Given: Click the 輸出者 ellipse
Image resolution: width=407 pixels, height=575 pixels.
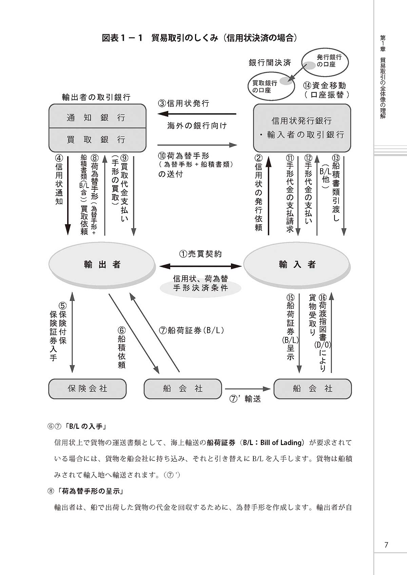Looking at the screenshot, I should (102, 265).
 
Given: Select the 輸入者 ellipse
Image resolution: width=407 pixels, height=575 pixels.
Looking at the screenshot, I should (297, 265).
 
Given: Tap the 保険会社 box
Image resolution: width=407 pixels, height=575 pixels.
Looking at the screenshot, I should (88, 389).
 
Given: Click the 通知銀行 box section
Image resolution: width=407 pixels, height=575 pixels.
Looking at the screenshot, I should (97, 117).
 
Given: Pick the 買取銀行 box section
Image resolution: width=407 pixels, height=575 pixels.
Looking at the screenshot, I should (97, 140).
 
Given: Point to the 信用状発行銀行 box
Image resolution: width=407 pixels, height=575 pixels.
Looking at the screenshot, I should (302, 128).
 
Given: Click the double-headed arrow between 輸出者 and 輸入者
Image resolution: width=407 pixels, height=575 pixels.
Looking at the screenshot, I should (200, 266).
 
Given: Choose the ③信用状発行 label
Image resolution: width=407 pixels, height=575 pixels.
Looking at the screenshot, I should (183, 103).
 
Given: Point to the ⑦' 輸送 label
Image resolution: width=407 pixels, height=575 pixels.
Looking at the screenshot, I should (246, 399).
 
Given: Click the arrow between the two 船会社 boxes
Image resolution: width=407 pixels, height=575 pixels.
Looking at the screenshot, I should (248, 389).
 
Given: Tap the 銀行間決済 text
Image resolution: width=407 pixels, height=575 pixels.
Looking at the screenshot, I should (270, 63).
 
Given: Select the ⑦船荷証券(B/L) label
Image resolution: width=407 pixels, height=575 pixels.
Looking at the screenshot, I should (192, 330).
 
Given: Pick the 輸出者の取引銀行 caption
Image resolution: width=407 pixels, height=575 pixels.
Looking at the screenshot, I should (96, 97).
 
